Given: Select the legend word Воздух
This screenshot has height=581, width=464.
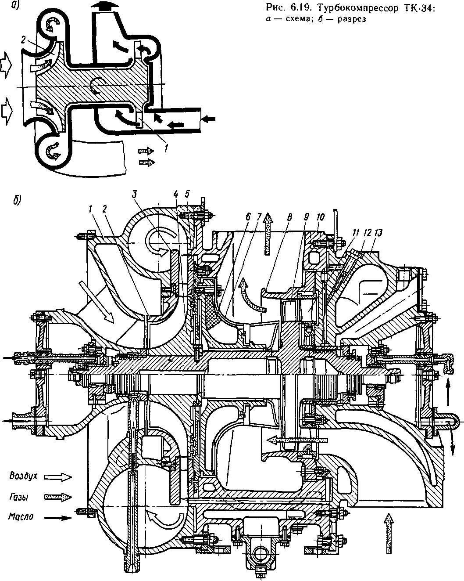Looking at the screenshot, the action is [23, 476].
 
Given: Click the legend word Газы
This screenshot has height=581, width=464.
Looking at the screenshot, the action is [19, 497].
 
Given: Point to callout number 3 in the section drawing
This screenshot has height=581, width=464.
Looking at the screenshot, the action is [135, 195].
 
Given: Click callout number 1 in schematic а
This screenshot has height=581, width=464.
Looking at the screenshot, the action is [166, 148].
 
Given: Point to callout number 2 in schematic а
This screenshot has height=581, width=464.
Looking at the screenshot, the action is [23, 40].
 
